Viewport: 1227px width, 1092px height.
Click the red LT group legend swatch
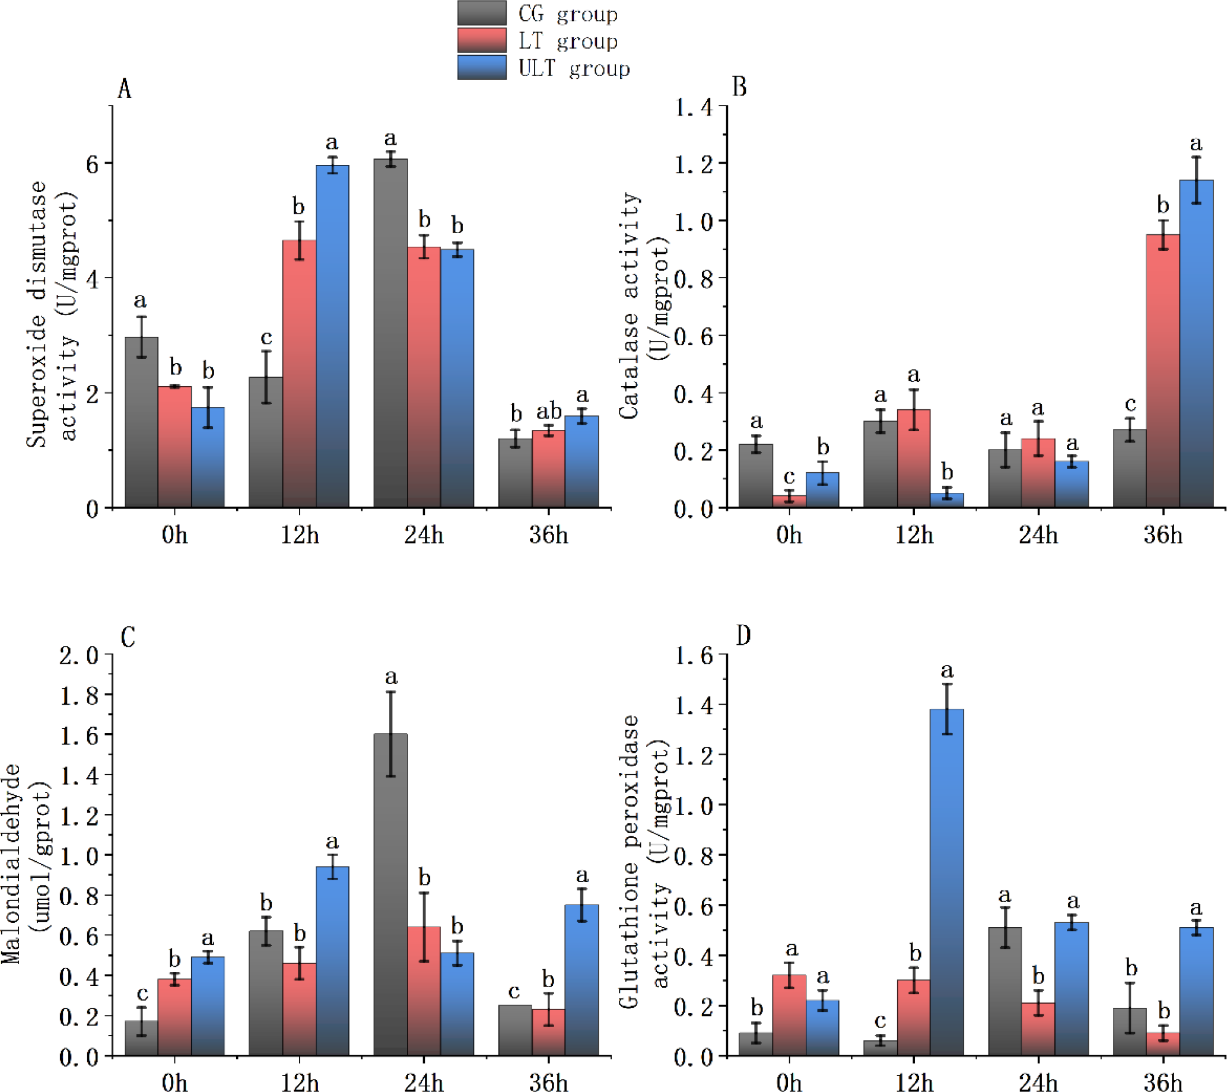point(481,40)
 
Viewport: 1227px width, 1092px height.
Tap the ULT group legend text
point(574,68)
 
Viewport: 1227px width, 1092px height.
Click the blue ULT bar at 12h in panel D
point(947,882)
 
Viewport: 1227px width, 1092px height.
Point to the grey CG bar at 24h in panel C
point(390,894)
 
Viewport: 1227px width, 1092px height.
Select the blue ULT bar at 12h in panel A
point(332,336)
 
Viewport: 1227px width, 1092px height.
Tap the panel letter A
point(124,89)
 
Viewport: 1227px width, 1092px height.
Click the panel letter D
point(743,635)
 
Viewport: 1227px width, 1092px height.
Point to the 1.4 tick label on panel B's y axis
point(694,107)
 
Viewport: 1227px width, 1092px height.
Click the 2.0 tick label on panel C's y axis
point(79,655)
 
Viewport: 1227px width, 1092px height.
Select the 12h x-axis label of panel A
point(300,534)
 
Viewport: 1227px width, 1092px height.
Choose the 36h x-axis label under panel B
point(1163,534)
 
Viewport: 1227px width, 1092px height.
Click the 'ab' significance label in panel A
point(549,411)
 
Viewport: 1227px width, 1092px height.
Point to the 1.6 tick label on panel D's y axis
point(694,656)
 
